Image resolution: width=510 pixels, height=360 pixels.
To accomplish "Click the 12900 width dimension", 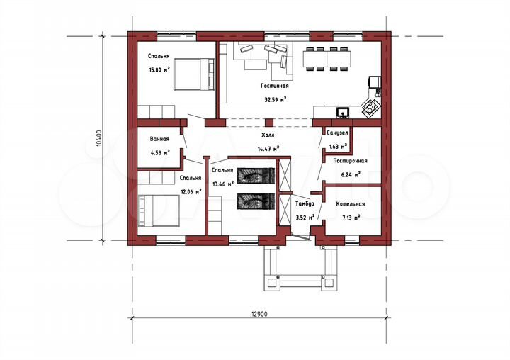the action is tap(259, 314).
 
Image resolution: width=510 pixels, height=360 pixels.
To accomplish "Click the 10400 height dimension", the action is tap(100, 138).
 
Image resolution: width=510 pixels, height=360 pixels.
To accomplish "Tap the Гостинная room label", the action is tap(275, 86).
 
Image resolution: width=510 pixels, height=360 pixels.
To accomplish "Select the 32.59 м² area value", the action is tap(275, 100).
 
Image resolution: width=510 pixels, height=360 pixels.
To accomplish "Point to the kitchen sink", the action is tap(343, 112).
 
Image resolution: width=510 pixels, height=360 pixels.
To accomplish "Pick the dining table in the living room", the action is tap(327, 59).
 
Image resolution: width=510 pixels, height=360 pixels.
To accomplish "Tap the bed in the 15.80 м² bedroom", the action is tap(195, 74).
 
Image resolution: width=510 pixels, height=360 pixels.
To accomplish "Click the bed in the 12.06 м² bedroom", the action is tap(159, 210).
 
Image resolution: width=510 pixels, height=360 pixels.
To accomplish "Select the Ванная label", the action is tap(159, 139).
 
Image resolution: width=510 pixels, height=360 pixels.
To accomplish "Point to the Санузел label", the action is tap(337, 133).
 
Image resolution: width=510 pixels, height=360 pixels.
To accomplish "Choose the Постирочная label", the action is tap(351, 161).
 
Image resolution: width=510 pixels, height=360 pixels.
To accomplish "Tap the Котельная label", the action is tap(351, 204).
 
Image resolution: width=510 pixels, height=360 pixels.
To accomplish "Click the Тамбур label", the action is tap(305, 204).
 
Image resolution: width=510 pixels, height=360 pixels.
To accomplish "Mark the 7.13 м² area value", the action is tap(351, 218).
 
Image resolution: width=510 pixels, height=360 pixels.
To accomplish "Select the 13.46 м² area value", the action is tap(223, 184).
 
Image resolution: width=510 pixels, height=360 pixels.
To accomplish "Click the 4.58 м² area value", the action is tap(159, 152).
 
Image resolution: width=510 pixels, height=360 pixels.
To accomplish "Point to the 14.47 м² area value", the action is tap(268, 149).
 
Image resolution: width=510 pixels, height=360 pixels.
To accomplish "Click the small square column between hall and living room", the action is tap(269, 123).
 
